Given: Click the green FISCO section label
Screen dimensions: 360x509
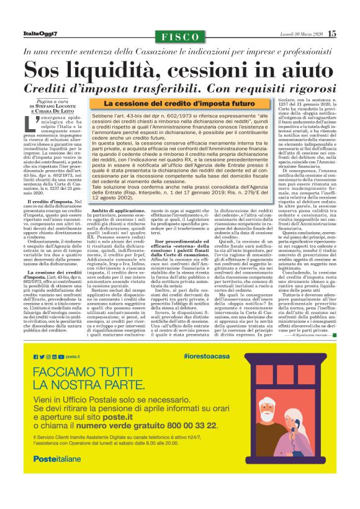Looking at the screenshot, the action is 180,37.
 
